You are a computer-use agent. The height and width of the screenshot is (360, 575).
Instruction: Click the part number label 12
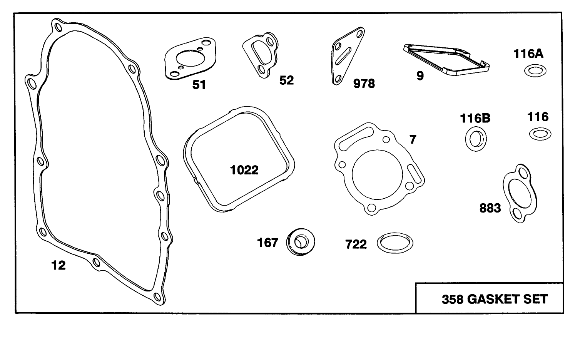[59, 265]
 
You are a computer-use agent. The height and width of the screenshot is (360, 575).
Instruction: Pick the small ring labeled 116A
[535, 71]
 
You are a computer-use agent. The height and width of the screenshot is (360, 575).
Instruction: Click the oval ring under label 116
[540, 134]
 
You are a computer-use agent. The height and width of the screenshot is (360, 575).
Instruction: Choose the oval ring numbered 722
[395, 243]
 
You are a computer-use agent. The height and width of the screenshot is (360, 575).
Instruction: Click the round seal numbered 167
[300, 243]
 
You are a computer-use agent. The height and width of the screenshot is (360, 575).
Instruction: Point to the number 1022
[244, 170]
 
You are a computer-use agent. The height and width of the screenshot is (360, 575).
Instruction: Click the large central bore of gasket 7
[377, 176]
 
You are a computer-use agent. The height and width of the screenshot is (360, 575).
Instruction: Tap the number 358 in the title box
[452, 299]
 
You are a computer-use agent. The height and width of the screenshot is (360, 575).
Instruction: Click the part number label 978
[364, 83]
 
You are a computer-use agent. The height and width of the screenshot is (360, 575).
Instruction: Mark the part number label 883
[490, 208]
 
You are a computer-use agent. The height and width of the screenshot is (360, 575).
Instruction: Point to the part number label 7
[413, 139]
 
